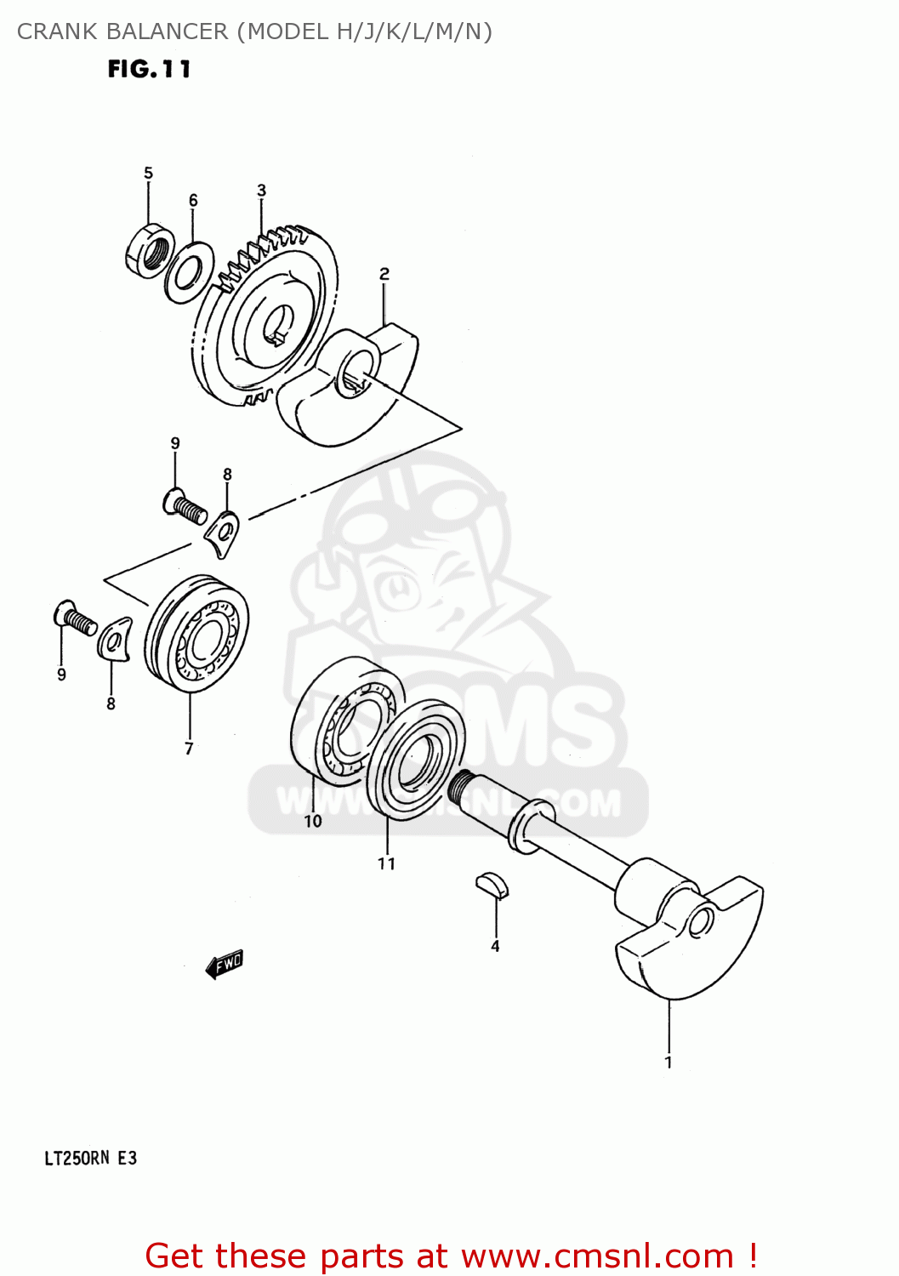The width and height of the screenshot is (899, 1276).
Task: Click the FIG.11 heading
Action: [x=149, y=69]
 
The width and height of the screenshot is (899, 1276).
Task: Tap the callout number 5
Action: [x=148, y=174]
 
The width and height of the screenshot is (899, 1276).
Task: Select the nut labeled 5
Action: [x=150, y=250]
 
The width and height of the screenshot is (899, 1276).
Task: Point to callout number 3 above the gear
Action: [x=261, y=191]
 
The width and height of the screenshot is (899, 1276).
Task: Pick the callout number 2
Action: [x=384, y=274]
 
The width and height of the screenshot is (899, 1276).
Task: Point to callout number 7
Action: [x=189, y=749]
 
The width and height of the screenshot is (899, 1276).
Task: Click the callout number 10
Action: [x=313, y=821]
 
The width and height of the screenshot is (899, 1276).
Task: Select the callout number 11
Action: [x=386, y=863]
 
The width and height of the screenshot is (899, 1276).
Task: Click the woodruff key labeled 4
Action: [x=492, y=885]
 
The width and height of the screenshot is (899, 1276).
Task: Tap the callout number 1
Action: [x=669, y=1062]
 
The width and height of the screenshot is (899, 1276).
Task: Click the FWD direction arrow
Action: [x=225, y=964]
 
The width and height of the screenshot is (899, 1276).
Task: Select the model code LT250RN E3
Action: [x=90, y=1158]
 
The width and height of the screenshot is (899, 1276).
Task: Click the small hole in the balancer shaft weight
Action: [x=702, y=922]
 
